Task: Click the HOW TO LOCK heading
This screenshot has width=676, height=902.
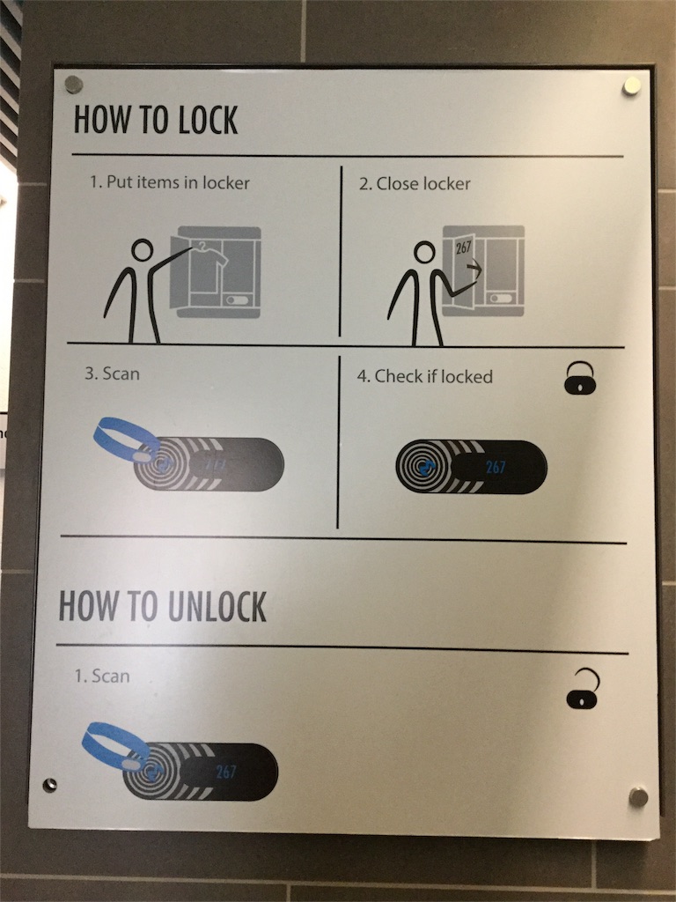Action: (x=156, y=120)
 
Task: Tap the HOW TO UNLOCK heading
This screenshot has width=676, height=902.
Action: (x=163, y=606)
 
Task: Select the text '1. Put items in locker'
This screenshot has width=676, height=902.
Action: (x=170, y=182)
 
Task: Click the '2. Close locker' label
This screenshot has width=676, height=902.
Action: (x=415, y=183)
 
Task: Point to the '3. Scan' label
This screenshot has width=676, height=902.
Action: (x=112, y=373)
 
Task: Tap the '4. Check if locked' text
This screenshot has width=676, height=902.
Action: (x=425, y=376)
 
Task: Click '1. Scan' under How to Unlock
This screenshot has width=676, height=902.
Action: (x=102, y=676)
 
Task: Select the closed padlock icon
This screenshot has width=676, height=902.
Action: (x=580, y=378)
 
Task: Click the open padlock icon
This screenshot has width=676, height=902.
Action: (x=583, y=689)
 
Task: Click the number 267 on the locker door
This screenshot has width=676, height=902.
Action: (x=463, y=248)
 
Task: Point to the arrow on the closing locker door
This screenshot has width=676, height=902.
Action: (x=474, y=267)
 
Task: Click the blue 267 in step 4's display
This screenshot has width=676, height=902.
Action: (x=496, y=467)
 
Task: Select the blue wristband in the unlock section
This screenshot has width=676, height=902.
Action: (x=114, y=746)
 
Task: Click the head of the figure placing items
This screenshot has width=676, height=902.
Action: (x=142, y=250)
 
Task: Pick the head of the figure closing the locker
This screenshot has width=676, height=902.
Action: (x=425, y=252)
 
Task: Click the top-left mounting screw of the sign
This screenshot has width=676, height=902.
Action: (x=74, y=85)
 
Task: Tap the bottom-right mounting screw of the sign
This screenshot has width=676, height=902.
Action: (x=638, y=797)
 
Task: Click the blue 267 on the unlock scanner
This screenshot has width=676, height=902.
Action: (x=226, y=772)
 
